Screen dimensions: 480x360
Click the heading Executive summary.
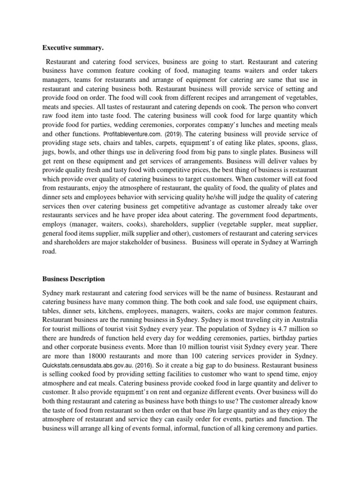[71, 47]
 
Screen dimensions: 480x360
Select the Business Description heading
[74, 279]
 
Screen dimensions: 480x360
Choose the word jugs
[50, 151]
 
